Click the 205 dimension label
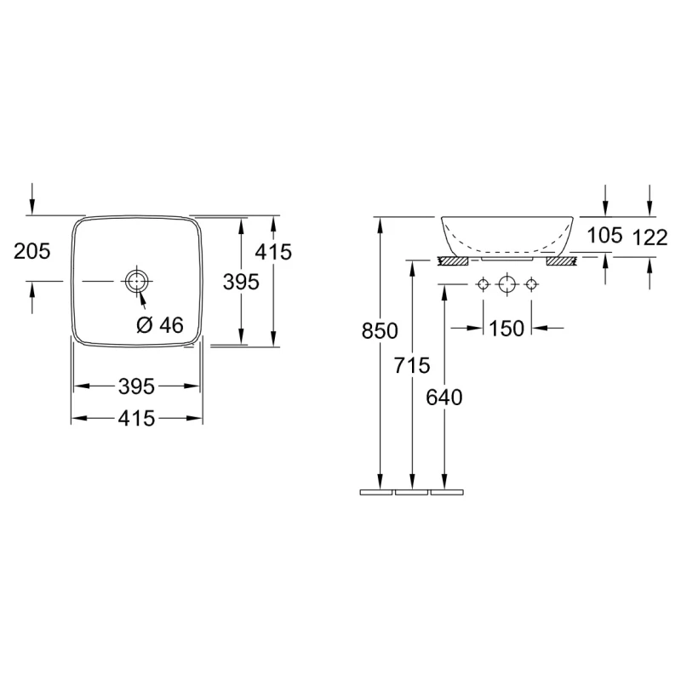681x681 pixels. (31, 251)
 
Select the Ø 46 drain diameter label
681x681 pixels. (160, 325)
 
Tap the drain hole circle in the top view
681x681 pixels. (137, 281)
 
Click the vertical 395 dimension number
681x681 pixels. (241, 282)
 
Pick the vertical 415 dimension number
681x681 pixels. (273, 251)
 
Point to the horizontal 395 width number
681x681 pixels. (136, 386)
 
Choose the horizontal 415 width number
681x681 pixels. (136, 418)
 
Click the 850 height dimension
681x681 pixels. (380, 331)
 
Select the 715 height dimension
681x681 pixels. (412, 365)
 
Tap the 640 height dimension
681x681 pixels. (444, 398)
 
